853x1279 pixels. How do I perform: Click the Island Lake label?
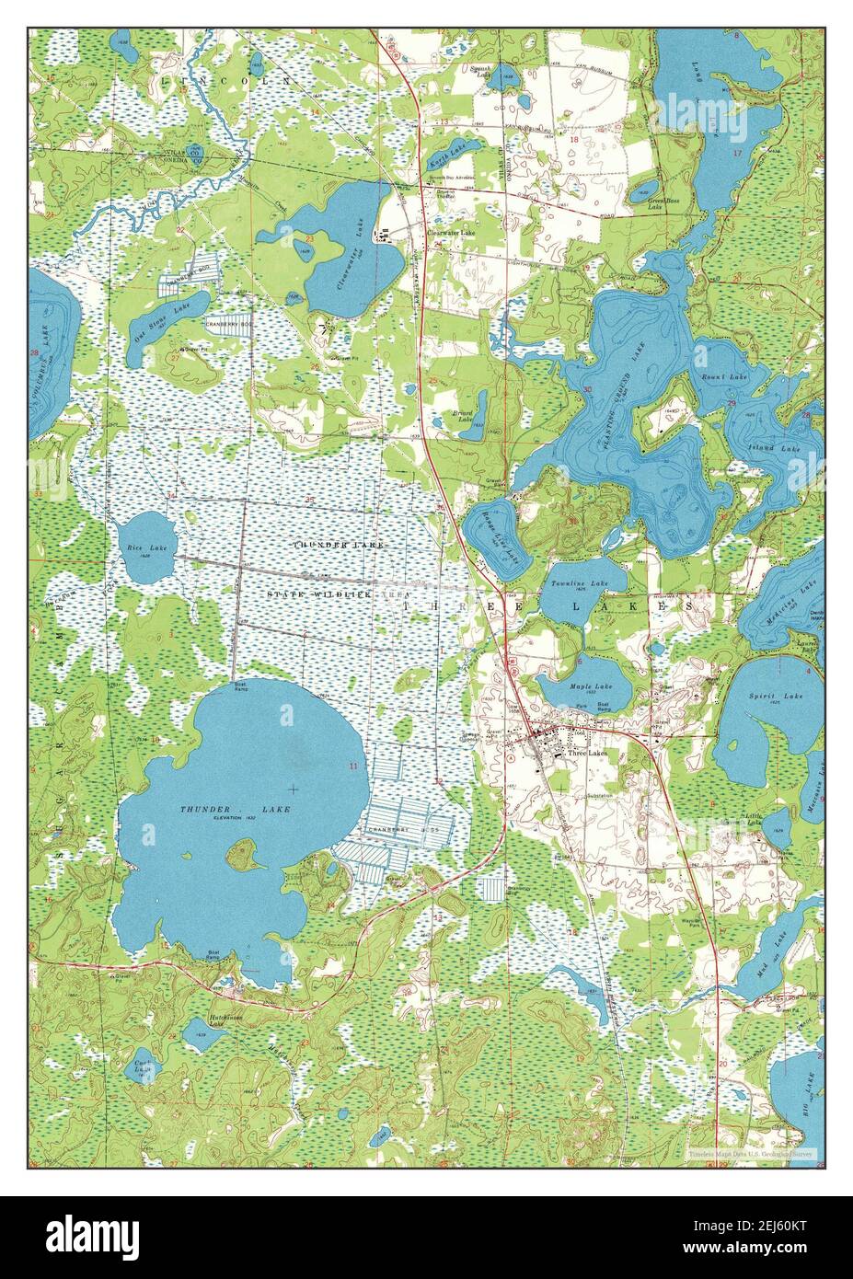(778, 448)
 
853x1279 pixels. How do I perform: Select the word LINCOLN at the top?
(225, 81)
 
